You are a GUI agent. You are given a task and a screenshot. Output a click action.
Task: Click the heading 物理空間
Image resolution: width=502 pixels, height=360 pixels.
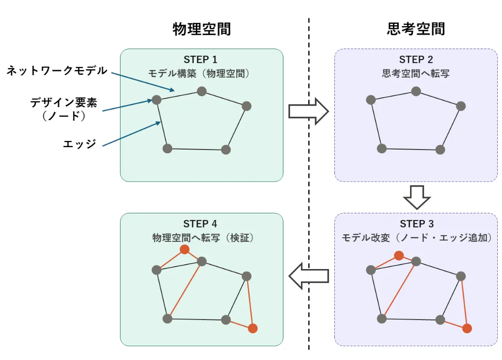(201, 29)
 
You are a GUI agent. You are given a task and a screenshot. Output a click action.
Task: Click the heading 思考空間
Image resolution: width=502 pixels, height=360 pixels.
(416, 29)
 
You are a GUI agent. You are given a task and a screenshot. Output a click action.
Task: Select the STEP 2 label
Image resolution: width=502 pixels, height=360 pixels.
(416, 60)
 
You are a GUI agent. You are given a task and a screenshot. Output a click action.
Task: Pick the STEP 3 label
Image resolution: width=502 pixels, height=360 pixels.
(416, 224)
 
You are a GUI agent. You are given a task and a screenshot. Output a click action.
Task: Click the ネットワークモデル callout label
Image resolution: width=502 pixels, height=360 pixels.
(57, 71)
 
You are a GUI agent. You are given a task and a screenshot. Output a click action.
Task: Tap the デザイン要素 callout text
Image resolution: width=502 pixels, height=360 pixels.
(64, 102)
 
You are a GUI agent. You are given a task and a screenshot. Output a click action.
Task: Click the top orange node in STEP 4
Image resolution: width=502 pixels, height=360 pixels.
(184, 250)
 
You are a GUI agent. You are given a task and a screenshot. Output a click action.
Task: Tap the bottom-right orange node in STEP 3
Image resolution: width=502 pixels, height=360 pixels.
(467, 328)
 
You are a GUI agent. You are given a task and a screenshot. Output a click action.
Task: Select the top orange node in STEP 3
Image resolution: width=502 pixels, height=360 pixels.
(399, 256)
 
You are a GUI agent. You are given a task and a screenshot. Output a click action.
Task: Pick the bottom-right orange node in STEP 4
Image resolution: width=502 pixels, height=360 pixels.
(253, 328)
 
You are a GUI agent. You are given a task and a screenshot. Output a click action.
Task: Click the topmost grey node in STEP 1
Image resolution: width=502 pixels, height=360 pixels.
(201, 91)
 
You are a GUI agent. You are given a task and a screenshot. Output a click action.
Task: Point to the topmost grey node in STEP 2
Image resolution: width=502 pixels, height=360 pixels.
(416, 91)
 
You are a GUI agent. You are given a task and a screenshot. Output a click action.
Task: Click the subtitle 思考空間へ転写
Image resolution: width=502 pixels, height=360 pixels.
(416, 74)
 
